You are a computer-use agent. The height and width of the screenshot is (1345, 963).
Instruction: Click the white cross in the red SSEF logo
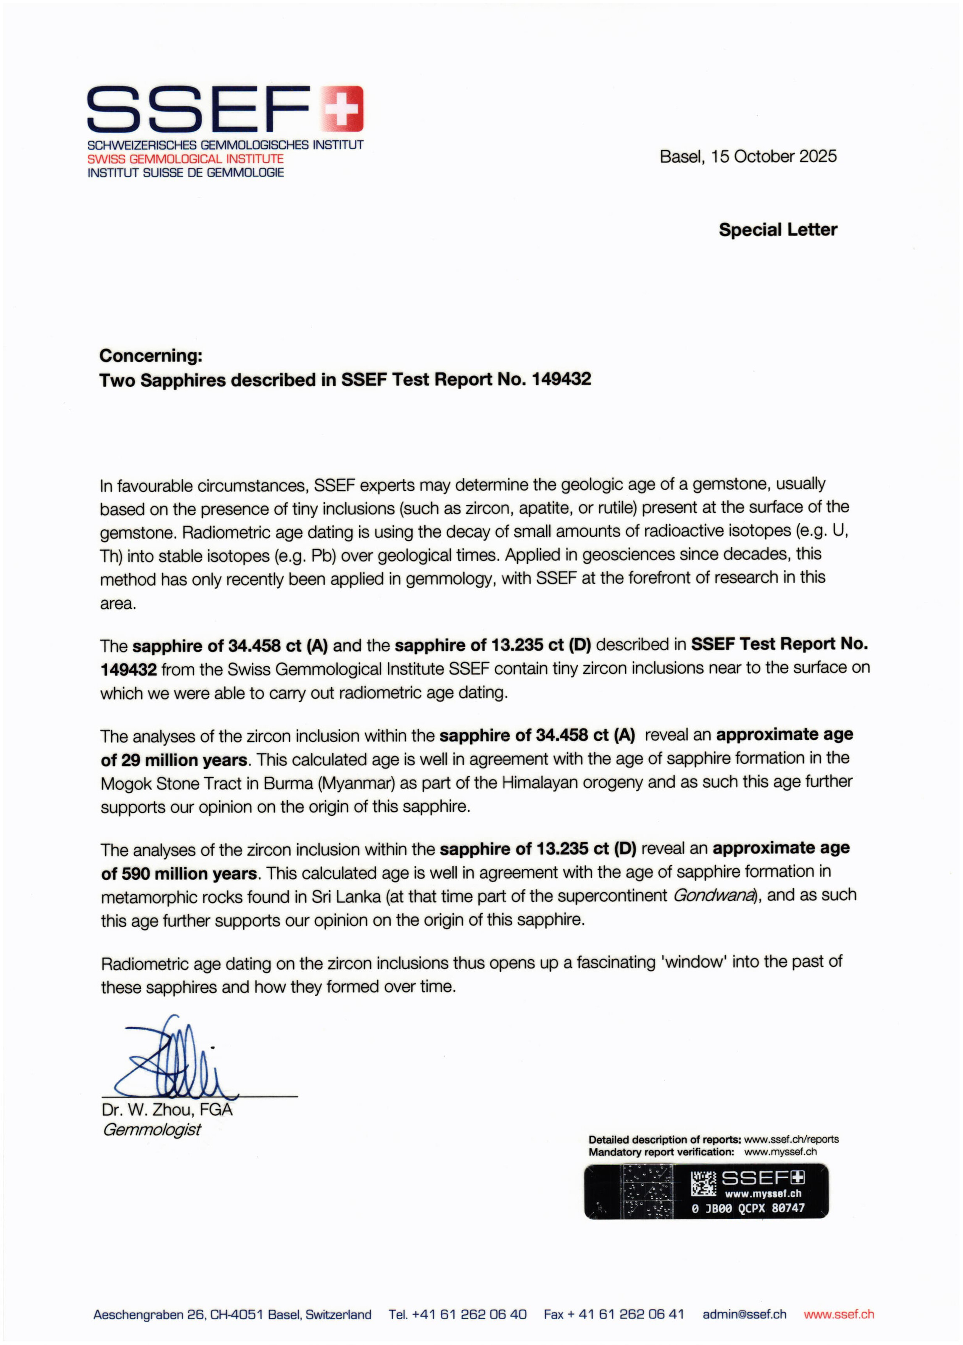(342, 108)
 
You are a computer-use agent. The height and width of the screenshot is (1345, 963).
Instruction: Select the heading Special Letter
(777, 229)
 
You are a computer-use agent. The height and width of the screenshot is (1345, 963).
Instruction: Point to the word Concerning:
(150, 356)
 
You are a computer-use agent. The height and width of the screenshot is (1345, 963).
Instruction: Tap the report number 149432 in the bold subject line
(561, 379)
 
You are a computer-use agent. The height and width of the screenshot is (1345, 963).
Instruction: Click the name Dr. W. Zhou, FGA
(167, 1110)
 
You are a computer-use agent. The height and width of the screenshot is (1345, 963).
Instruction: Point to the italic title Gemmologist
(152, 1130)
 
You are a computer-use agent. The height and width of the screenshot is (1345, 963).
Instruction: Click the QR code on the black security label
(703, 1184)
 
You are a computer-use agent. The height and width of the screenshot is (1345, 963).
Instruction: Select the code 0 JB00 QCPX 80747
(748, 1208)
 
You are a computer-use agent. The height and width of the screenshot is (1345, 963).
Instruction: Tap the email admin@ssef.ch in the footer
(744, 1314)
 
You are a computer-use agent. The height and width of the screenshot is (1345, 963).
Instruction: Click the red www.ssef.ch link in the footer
(839, 1314)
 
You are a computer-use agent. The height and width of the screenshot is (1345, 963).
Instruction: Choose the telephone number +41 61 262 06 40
(468, 1314)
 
